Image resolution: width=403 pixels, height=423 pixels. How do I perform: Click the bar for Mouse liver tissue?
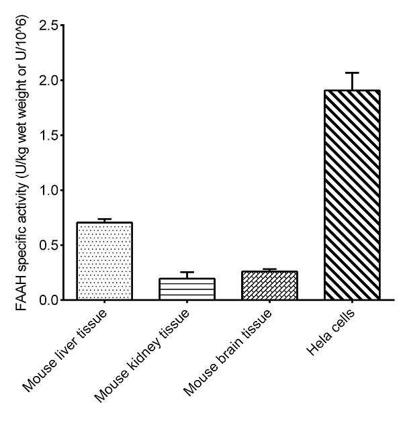point(105,261)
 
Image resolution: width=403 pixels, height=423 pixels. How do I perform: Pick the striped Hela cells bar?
point(352,195)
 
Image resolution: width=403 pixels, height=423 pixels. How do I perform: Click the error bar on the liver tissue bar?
point(105,220)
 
